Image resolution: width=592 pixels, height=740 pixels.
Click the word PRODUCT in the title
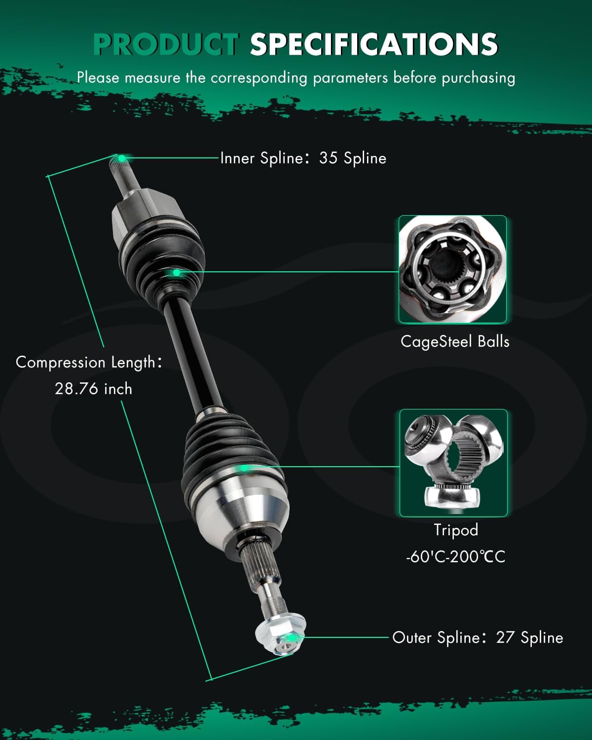pos(165,44)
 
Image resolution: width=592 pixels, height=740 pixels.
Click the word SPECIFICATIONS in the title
pos(374,44)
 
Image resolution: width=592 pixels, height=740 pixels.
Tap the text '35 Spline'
pos(352,158)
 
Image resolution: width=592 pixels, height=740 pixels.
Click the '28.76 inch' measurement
pos(93,389)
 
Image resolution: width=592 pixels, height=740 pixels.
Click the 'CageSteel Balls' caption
pos(454,341)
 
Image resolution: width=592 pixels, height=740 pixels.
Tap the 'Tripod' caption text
pos(456,530)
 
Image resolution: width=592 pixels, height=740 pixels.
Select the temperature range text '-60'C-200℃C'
pos(455,557)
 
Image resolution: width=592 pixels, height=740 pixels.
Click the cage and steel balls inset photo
pos(452,269)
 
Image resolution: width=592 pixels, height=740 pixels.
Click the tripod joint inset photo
pos(453,463)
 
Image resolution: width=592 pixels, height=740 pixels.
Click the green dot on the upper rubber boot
pos(176,272)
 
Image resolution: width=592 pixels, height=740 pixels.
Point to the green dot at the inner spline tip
pos(121,158)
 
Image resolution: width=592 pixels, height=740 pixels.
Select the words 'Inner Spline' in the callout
pos(261,158)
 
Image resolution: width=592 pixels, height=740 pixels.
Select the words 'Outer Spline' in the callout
pos(436,637)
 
